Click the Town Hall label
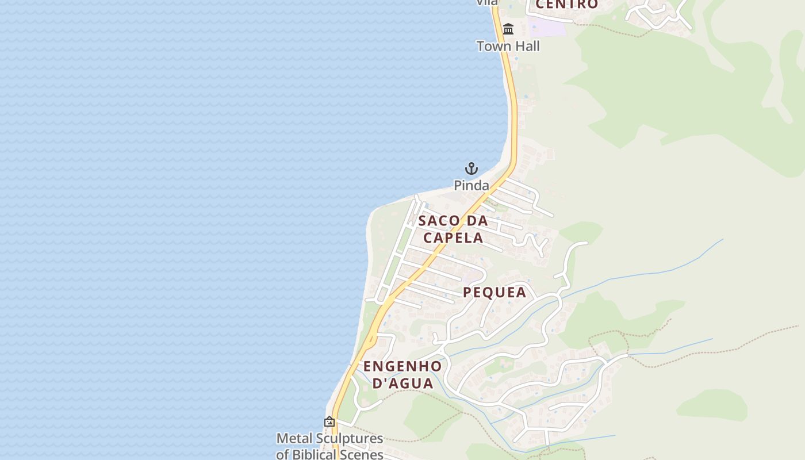click(x=508, y=46)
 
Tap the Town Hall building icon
click(x=508, y=29)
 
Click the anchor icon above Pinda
click(x=471, y=168)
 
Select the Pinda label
click(x=471, y=185)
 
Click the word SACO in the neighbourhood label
click(x=439, y=221)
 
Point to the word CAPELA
click(x=453, y=237)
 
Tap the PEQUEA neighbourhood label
click(x=494, y=292)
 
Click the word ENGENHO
click(x=402, y=366)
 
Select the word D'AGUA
click(x=402, y=383)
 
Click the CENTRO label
click(x=567, y=5)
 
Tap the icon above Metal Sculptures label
click(x=329, y=421)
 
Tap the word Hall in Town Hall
click(x=526, y=46)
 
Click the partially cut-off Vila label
click(x=486, y=3)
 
